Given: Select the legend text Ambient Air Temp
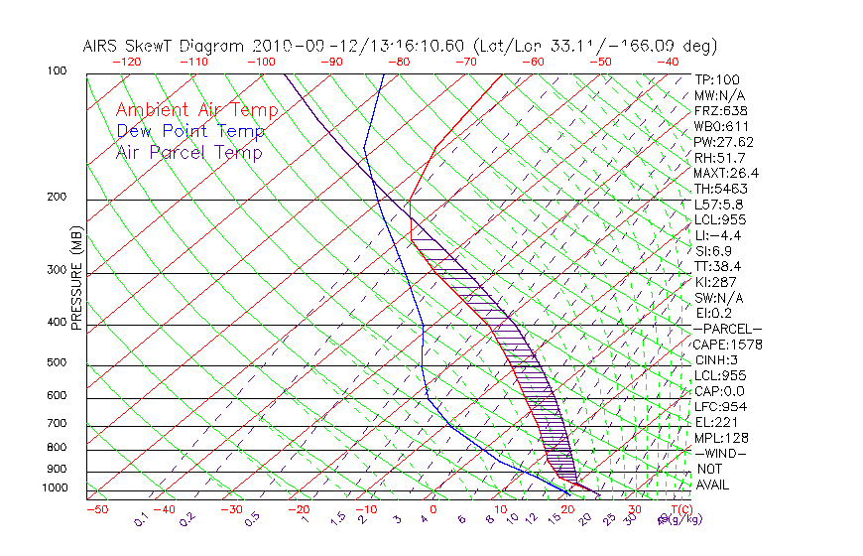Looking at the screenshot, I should click(x=196, y=110).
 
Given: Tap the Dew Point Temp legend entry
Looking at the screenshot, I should click(x=190, y=131).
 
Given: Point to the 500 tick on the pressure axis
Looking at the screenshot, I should click(x=56, y=362).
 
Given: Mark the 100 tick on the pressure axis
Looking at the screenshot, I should click(x=56, y=71).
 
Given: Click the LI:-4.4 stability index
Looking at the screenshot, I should click(x=717, y=235).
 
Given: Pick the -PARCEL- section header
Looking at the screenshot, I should click(x=727, y=329).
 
